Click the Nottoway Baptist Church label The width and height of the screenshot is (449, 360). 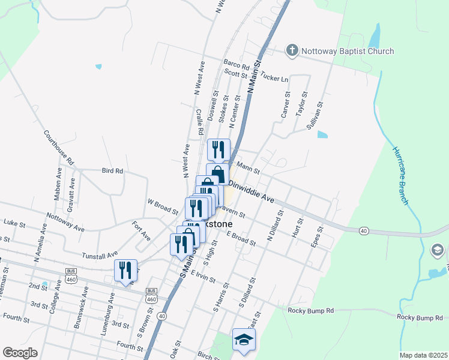(348, 51)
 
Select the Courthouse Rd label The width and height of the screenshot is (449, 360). (58, 148)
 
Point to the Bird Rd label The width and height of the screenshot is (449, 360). (112, 171)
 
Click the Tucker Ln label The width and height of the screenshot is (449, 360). (274, 79)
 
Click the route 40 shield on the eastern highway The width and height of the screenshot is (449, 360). (364, 230)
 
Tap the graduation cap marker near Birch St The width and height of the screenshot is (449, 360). (244, 340)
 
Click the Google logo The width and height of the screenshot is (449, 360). (20, 353)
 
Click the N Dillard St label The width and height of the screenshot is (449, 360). (275, 226)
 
